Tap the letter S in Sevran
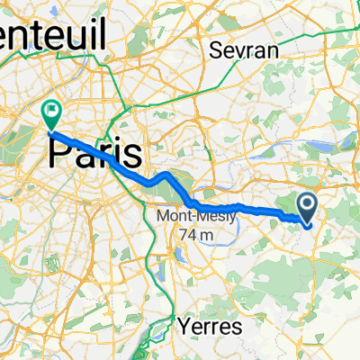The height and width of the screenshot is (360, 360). [214, 50]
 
